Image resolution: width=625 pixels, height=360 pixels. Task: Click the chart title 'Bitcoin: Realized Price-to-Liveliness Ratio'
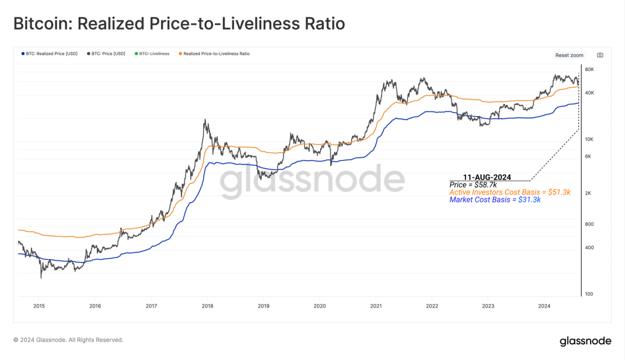pos(179,23)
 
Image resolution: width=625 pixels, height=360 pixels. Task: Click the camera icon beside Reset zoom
pos(600,55)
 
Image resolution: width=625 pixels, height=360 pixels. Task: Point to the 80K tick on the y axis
pos(589,69)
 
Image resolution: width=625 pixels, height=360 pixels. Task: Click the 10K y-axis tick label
pos(589,139)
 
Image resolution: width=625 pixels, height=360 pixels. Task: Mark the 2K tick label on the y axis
pos(588,193)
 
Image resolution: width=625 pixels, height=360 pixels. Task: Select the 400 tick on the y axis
pos(589,248)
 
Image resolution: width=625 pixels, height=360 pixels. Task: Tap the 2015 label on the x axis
pos(39,306)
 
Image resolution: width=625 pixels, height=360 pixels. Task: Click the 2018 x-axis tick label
pos(207,306)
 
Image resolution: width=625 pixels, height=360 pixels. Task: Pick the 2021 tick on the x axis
pos(376,306)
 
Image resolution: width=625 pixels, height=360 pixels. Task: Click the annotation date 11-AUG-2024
pos(487,177)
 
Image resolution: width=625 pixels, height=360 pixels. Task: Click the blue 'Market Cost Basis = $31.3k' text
pos(495,200)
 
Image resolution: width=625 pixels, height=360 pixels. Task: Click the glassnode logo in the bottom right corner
pos(585,341)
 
